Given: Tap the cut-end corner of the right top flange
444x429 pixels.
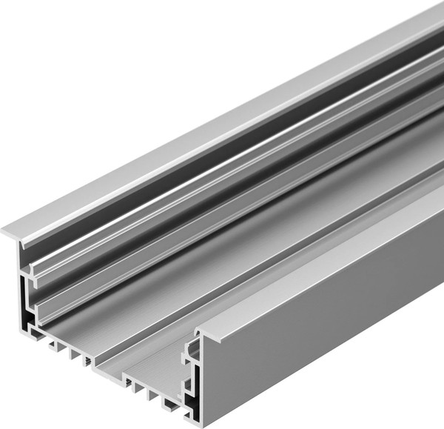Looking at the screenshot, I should tap(198, 332).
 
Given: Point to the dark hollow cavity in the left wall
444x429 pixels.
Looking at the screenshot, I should tap(28, 315).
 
